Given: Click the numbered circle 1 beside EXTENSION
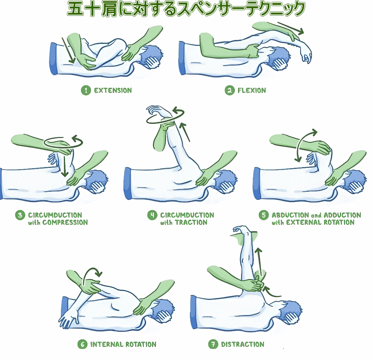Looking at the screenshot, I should pyautogui.click(x=86, y=90).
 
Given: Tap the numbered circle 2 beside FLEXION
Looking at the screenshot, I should pyautogui.click(x=229, y=90).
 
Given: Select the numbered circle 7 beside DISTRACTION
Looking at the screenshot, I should pyautogui.click(x=213, y=344).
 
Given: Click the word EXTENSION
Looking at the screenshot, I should pyautogui.click(x=113, y=90).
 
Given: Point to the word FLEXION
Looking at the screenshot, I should pyautogui.click(x=251, y=90).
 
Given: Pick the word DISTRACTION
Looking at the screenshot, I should pyautogui.click(x=242, y=344).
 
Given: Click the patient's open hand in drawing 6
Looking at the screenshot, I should pyautogui.click(x=69, y=321).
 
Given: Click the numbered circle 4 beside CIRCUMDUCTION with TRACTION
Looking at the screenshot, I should pyautogui.click(x=152, y=215).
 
